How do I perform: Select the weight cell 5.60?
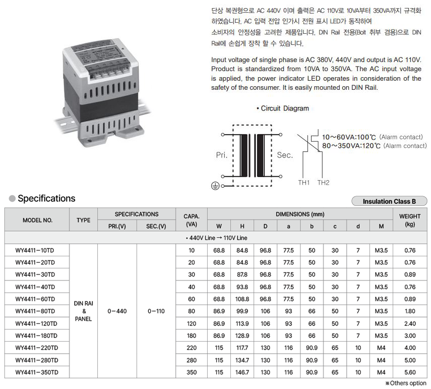coord(410,372)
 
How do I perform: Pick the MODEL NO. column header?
coord(37,220)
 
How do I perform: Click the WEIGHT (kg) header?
coord(410,220)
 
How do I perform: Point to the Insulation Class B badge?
coord(389,201)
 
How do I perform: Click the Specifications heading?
coord(46,198)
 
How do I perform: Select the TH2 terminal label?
coord(323,183)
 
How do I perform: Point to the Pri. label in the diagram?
coord(222,155)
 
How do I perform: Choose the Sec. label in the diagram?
coord(285,155)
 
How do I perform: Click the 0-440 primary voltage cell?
coord(117,311)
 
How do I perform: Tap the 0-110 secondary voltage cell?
coord(156,311)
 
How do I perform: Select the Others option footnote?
coord(406,383)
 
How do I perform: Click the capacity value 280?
coord(192,360)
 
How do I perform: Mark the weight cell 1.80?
coord(410,311)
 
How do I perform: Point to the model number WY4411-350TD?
coord(37,372)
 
